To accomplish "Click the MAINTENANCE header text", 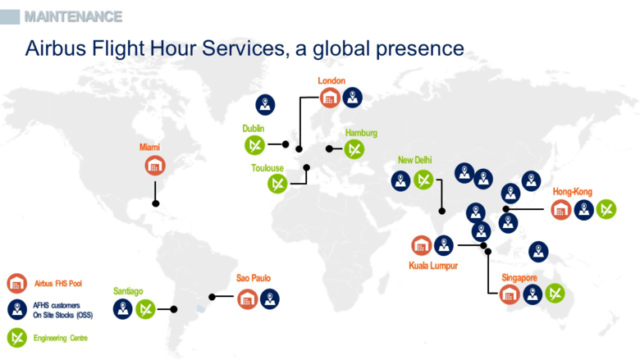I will tap(73, 16).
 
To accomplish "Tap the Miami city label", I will tap(149, 147).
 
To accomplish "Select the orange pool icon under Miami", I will tap(155, 165).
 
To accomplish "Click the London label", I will tap(331, 80).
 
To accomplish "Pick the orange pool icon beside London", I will tap(330, 98).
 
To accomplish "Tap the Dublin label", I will tap(253, 129).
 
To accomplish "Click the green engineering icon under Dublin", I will tap(254, 146).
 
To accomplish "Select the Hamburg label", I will tap(361, 133).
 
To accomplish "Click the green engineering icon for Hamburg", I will tap(354, 149).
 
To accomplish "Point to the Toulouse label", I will tap(267, 168).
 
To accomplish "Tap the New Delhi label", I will tap(414, 160).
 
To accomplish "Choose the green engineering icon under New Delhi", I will tap(423, 180).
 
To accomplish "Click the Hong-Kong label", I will tap(572, 191).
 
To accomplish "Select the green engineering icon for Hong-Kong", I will tap(606, 209).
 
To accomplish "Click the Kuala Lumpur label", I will tap(433, 265).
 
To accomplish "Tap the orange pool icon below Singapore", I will tap(510, 294).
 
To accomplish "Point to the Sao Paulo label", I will tap(254, 279).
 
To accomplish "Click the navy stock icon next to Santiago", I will tap(123, 309).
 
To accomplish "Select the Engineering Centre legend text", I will tap(61, 338).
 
